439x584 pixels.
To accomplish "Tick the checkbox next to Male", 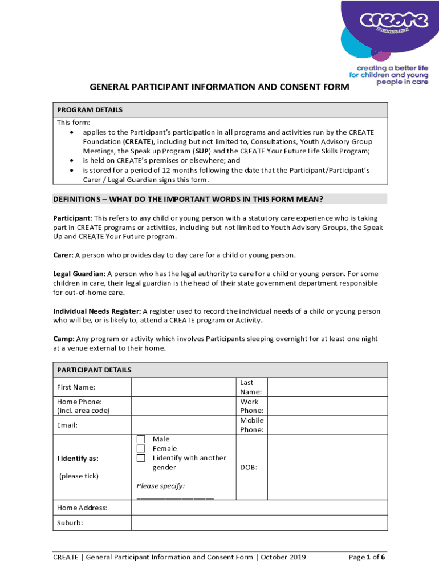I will point(141,439).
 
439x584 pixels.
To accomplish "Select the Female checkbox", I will point(141,449).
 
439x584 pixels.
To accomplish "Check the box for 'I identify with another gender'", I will point(141,458).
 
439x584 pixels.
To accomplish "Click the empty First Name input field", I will point(184,387).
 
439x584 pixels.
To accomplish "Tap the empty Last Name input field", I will point(327,387).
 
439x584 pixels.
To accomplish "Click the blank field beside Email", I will point(184,425).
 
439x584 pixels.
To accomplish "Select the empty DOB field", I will point(327,467).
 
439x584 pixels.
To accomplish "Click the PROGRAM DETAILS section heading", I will point(89,110).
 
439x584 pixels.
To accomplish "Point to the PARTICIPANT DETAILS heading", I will point(94,370).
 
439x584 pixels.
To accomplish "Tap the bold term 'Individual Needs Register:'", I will point(97,311).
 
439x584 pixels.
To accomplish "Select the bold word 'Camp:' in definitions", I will point(63,339).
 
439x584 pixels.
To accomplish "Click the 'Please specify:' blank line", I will point(175,497).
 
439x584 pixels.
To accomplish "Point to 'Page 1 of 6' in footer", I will point(371,557).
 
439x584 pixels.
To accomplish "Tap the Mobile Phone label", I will point(251,425).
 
